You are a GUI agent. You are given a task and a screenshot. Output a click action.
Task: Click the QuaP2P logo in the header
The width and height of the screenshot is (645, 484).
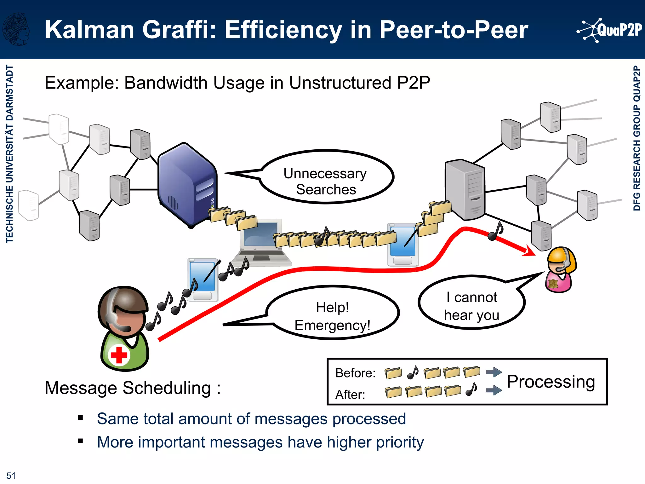(x=609, y=30)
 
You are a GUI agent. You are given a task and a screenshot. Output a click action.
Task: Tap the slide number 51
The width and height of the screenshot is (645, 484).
(x=11, y=475)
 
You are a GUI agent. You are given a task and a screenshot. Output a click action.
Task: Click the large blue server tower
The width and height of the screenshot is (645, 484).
(x=187, y=185)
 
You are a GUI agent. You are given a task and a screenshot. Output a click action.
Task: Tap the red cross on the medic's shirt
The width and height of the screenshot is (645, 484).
(x=119, y=355)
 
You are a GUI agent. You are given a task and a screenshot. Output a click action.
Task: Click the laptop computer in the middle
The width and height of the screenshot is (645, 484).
(x=261, y=243)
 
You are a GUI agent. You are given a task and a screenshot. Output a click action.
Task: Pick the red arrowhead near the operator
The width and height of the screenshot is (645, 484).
(x=529, y=251)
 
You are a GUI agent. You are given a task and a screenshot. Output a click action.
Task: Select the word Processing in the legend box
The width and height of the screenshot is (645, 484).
(x=551, y=382)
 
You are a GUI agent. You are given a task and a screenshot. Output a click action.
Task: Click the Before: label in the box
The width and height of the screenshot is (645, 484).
(x=355, y=373)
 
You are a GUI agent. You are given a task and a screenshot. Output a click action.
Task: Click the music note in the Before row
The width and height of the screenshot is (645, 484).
(x=413, y=372)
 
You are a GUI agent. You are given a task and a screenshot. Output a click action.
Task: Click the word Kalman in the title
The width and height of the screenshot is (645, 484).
(x=89, y=30)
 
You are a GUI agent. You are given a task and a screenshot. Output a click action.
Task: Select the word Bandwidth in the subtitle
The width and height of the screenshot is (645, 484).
(x=167, y=83)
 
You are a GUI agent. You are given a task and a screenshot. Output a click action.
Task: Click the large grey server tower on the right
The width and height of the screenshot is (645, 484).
(x=465, y=189)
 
